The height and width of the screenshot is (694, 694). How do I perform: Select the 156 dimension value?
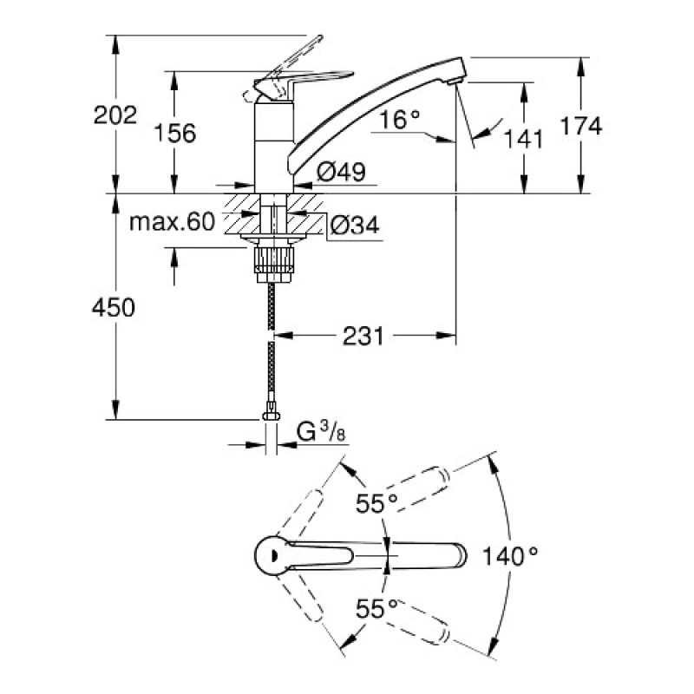pos(174,133)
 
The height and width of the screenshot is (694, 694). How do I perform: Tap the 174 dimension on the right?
pos(580,126)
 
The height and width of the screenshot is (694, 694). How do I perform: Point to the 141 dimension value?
pos(525,137)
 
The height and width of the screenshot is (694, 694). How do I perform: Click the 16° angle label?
pos(400,120)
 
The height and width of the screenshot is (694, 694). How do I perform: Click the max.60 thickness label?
pos(171,222)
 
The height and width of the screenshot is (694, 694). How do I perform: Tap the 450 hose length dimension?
pos(115,307)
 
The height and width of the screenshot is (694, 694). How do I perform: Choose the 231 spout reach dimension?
pos(363,336)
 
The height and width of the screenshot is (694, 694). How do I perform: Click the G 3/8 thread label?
pos(317,431)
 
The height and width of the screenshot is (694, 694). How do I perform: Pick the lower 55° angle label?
pos(376,608)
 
